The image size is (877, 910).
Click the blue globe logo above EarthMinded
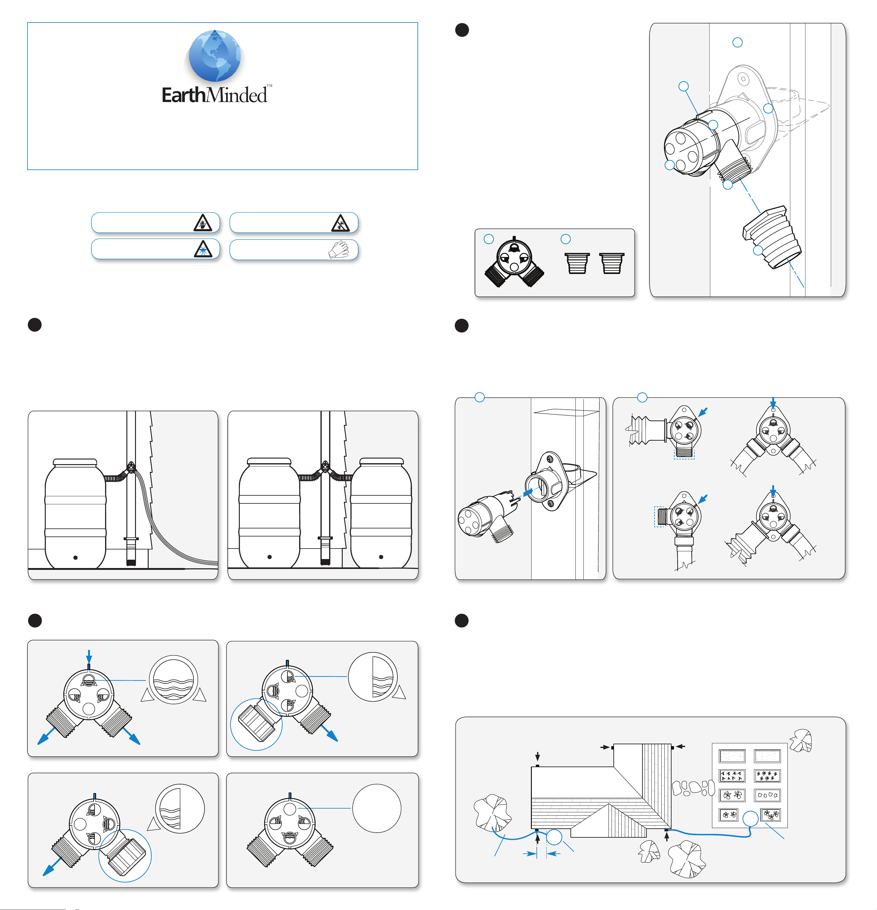tap(214, 56)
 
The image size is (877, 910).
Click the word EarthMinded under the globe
tap(214, 95)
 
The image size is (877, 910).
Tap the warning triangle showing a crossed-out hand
tap(203, 223)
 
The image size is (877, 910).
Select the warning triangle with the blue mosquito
tap(203, 249)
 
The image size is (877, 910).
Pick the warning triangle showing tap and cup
tap(340, 223)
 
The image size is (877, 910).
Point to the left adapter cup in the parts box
tap(577, 263)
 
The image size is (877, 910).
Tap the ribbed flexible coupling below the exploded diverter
tap(773, 237)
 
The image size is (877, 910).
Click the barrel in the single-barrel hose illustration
tap(75, 513)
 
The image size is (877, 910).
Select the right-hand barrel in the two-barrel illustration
tap(380, 513)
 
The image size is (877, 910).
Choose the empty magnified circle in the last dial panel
tap(376, 808)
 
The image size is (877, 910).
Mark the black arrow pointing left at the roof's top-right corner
tap(680, 746)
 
